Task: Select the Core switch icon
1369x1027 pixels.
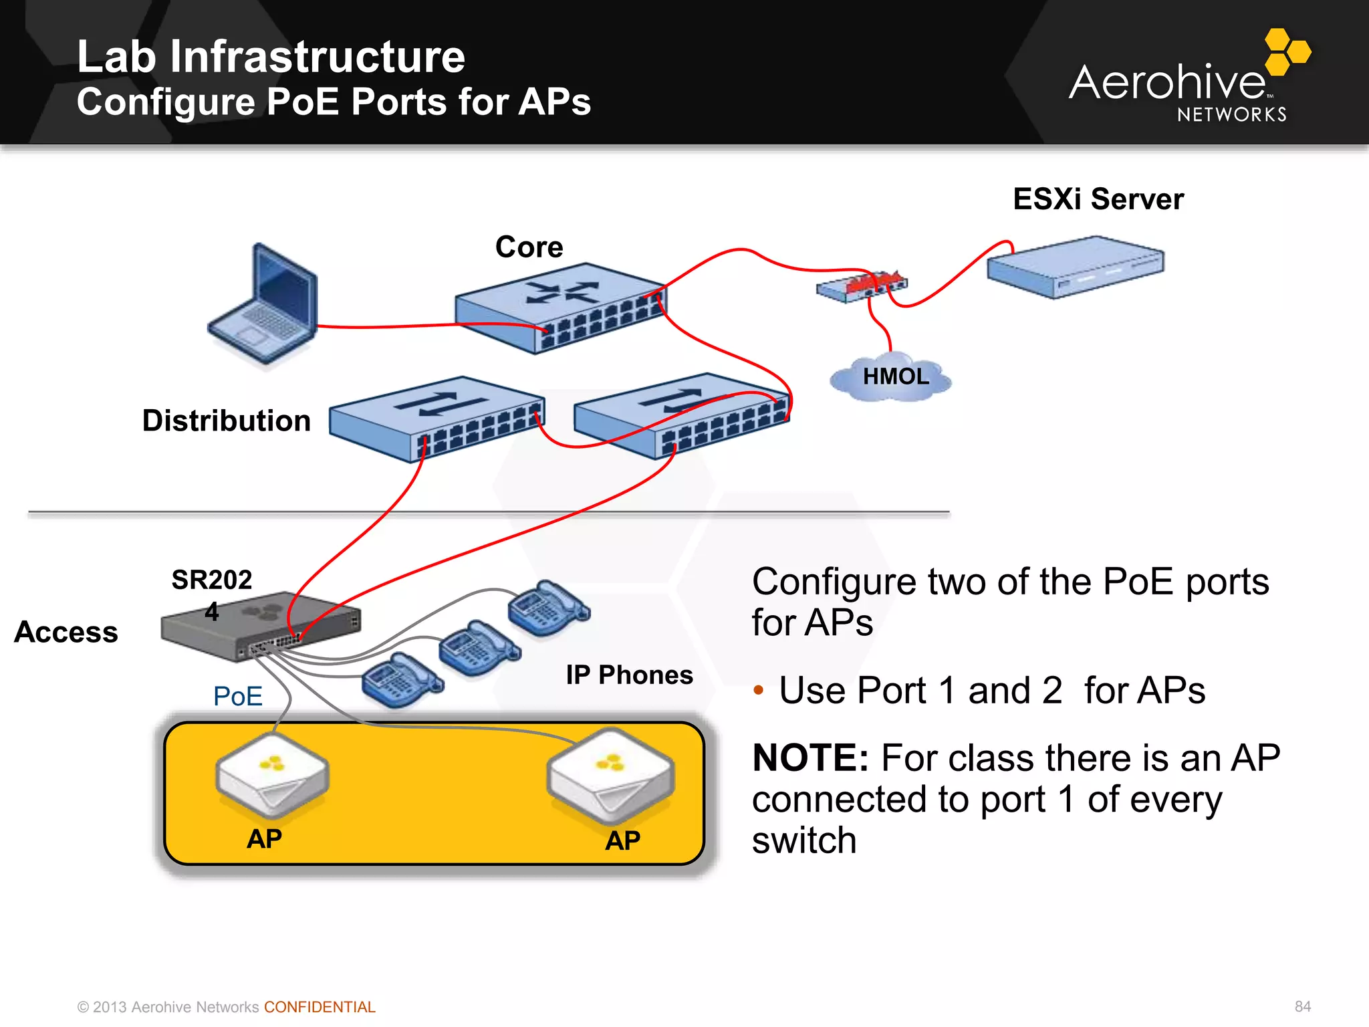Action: [560, 308]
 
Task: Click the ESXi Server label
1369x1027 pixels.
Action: [1098, 199]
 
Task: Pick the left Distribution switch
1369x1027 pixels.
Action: [437, 417]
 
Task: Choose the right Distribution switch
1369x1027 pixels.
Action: [682, 415]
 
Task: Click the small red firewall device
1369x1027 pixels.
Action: [862, 286]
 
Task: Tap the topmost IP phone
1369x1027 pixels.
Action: [547, 607]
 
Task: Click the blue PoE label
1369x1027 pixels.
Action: [237, 696]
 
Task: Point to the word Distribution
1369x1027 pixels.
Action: [227, 421]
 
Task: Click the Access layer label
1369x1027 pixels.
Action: [66, 632]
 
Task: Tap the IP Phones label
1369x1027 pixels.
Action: [629, 675]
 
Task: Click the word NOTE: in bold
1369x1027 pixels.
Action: [810, 758]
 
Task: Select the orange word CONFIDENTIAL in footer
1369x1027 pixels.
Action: [320, 1007]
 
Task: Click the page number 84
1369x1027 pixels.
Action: [1302, 1006]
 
